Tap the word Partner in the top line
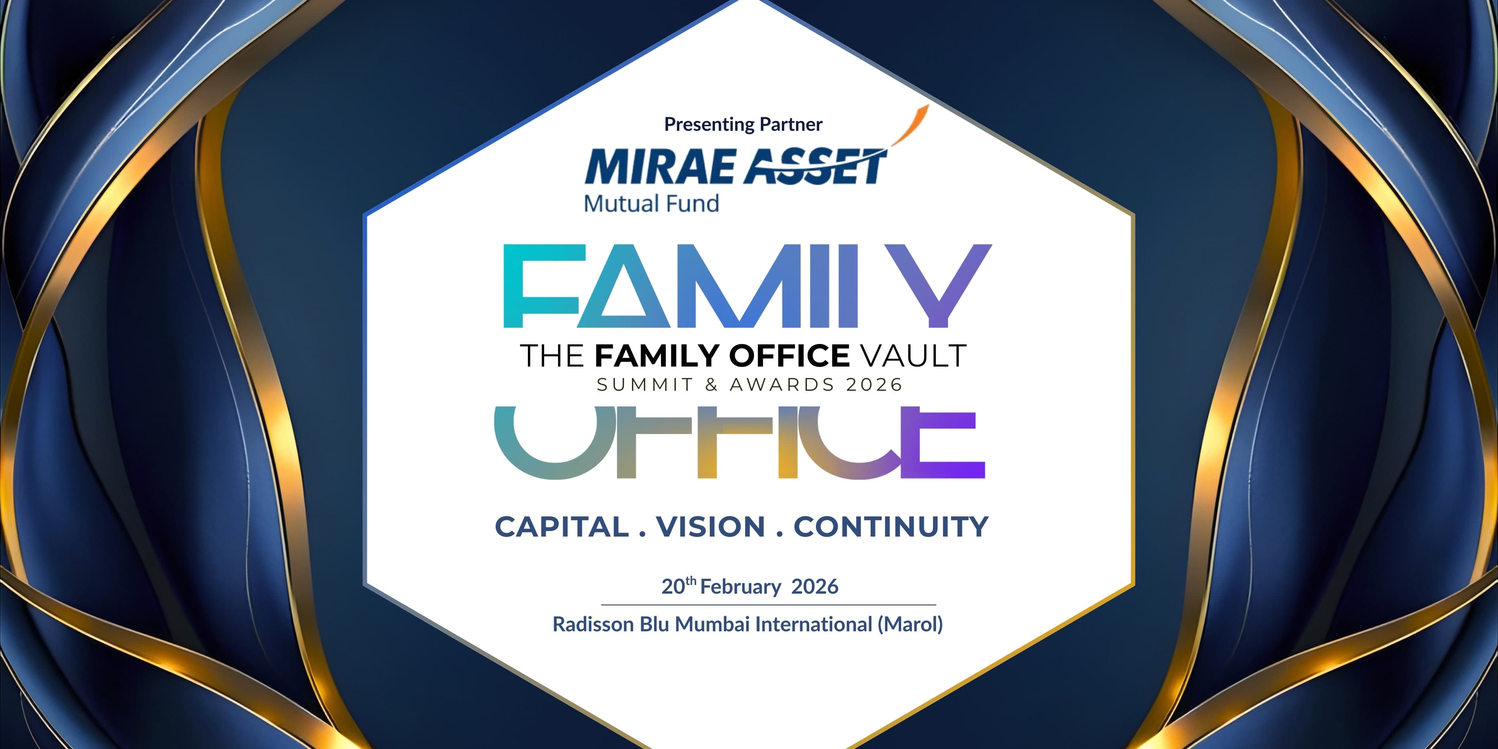point(791,124)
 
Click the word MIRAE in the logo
point(660,167)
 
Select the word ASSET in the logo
point(814,167)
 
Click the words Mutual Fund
point(651,204)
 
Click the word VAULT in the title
point(913,356)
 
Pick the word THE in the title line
point(551,356)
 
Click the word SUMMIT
point(645,385)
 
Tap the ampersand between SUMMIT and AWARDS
point(711,385)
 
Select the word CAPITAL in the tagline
point(562,527)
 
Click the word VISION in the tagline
point(711,527)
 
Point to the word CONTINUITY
point(891,527)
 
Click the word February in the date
point(740,587)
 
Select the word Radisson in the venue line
point(593,624)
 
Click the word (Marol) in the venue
point(910,624)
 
